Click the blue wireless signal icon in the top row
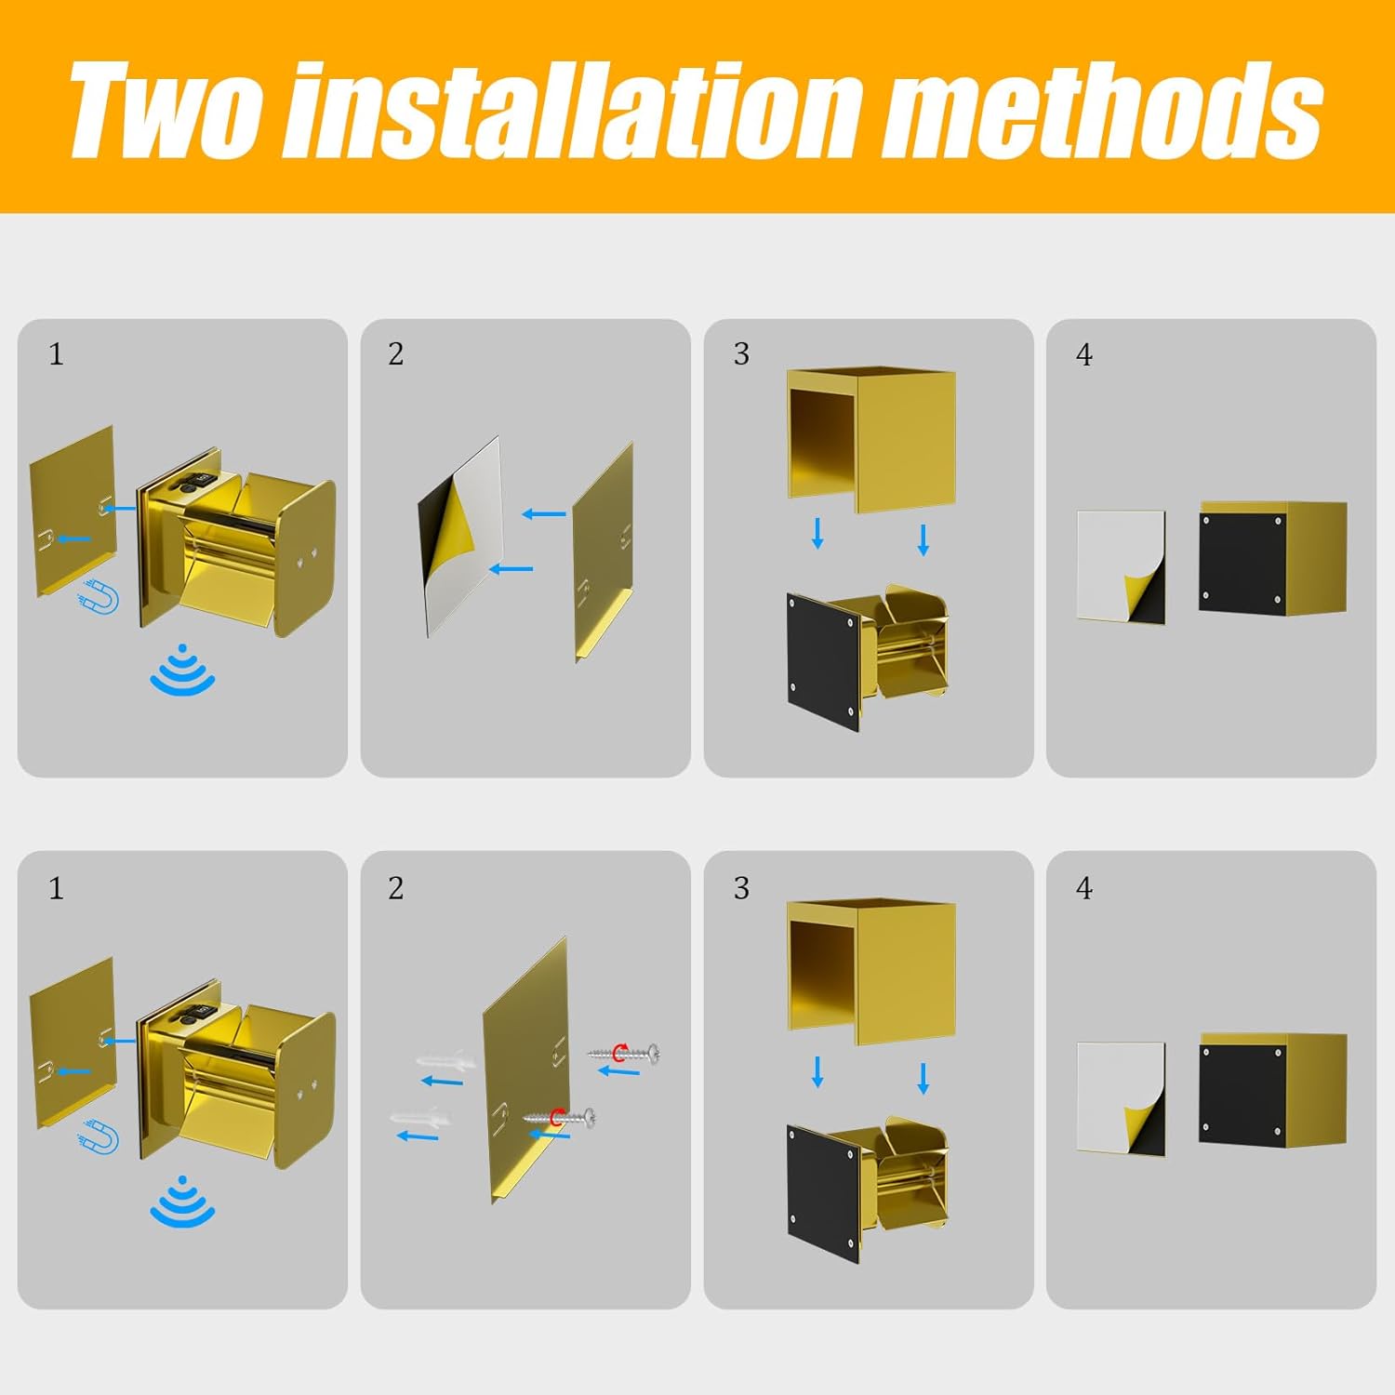[182, 670]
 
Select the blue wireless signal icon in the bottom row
[182, 1202]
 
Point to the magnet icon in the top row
[100, 595]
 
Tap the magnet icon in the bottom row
[100, 1136]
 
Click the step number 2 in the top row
[396, 353]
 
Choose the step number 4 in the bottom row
[1084, 888]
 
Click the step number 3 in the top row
[741, 353]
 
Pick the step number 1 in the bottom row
[56, 888]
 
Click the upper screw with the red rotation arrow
[623, 1053]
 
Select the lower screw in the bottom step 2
[559, 1117]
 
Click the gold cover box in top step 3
[871, 439]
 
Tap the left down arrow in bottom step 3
[817, 1071]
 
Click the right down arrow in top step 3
[923, 540]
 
